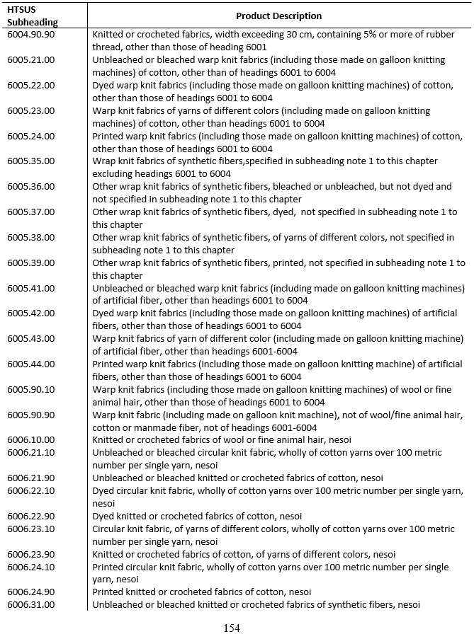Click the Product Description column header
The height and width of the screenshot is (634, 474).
[x=278, y=16]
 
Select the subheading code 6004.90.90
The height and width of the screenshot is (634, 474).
[x=30, y=35]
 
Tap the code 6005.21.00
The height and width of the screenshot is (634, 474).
[x=30, y=60]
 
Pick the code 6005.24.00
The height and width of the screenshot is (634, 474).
[x=30, y=136]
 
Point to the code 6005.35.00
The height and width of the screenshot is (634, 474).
[x=30, y=161]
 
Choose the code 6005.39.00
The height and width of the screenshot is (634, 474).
[x=30, y=263]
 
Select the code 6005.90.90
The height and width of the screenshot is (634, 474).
[x=30, y=415]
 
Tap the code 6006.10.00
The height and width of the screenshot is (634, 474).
[x=30, y=440]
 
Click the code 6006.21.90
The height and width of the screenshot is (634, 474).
[x=30, y=478]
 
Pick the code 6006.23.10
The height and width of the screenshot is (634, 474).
[x=30, y=529]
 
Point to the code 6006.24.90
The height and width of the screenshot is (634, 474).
[x=30, y=592]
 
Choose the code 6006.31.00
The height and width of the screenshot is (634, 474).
[x=30, y=604]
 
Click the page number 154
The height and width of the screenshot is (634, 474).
[x=232, y=627]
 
